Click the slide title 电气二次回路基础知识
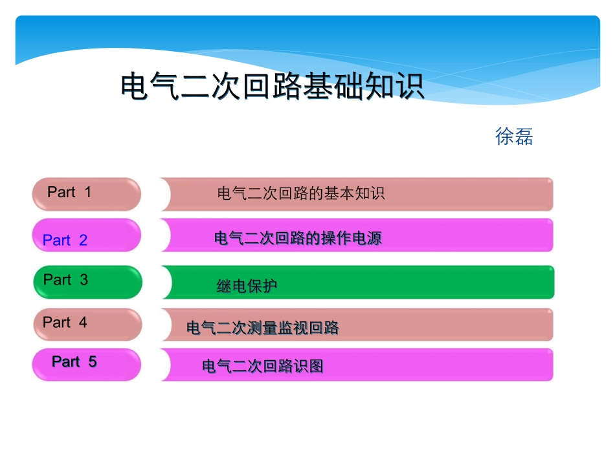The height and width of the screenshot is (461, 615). tap(273, 86)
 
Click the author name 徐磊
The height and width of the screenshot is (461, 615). tap(514, 136)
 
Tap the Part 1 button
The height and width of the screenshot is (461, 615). tap(87, 194)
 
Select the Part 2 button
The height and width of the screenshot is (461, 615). tap(87, 235)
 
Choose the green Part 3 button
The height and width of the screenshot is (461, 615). tap(87, 282)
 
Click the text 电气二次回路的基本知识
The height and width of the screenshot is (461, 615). tap(301, 193)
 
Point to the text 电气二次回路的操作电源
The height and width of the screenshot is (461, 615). tap(298, 239)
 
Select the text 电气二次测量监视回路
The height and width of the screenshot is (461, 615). tap(262, 328)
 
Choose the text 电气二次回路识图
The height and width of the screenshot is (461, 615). tap(262, 367)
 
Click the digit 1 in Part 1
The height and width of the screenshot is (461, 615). tap(88, 192)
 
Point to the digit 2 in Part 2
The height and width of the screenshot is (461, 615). tap(83, 241)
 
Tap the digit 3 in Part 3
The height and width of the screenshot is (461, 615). tap(84, 280)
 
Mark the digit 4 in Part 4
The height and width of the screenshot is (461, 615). tap(83, 322)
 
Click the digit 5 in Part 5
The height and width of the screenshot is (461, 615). tap(92, 361)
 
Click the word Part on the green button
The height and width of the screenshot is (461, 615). tap(57, 280)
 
